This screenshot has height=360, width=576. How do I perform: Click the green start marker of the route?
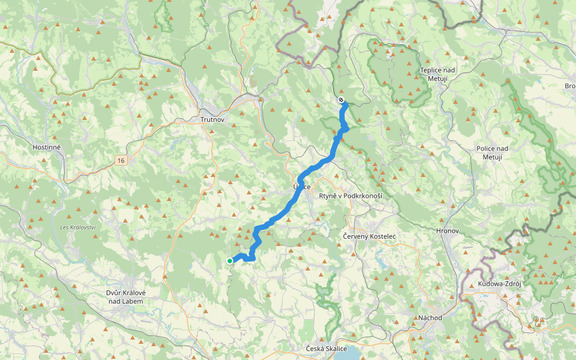tap(230, 260)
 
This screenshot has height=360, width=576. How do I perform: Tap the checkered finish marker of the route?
tap(341, 100)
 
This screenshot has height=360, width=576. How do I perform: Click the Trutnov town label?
tap(212, 120)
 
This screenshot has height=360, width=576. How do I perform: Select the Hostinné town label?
tap(48, 146)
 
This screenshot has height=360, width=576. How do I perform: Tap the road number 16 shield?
tap(122, 160)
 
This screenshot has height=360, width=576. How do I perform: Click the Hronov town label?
tap(447, 230)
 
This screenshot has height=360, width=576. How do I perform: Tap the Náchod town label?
tap(430, 317)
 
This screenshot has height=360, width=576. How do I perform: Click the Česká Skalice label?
tap(326, 349)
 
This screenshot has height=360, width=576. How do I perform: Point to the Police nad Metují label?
tap(492, 152)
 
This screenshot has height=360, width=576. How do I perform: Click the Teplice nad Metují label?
tap(438, 74)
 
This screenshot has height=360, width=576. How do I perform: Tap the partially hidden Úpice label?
tap(303, 187)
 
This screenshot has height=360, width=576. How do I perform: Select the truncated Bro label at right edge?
tap(569, 86)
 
